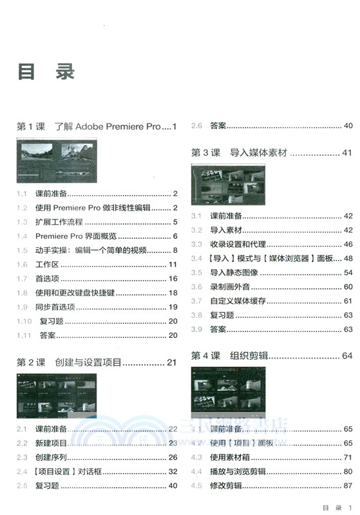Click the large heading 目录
tap(46, 71)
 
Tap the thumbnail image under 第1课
tap(57, 161)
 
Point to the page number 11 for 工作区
tap(173, 265)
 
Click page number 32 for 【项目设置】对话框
tap(173, 471)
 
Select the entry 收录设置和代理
tap(238, 245)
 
